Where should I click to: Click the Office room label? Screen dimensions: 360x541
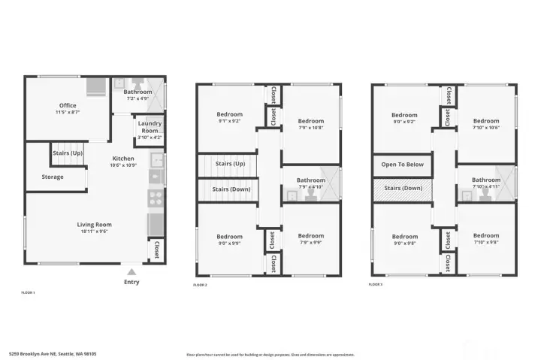click(x=68, y=105)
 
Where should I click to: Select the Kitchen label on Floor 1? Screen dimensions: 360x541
click(x=123, y=159)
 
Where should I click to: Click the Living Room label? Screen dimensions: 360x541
click(x=94, y=224)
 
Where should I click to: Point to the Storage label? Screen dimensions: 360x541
click(x=53, y=177)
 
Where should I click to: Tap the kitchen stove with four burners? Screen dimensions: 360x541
click(x=156, y=198)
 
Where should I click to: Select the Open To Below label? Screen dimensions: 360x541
click(x=402, y=164)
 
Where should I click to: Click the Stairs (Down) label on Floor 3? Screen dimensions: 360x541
click(x=403, y=189)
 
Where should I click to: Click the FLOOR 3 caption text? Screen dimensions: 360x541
click(x=376, y=285)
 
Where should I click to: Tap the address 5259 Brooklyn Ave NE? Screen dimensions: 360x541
click(x=52, y=353)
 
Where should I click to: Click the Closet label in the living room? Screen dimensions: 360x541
click(x=156, y=250)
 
